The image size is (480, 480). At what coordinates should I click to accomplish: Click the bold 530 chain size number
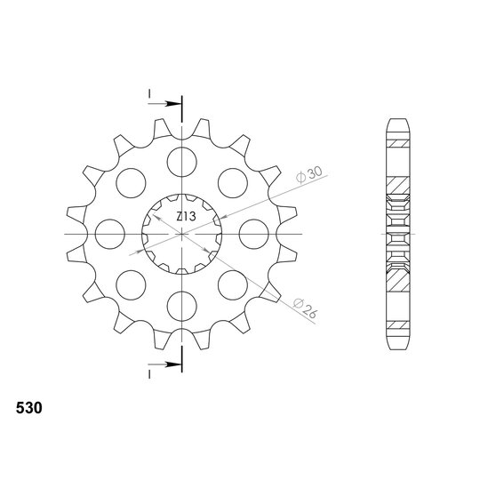29,408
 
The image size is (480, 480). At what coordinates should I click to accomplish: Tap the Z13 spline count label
186,216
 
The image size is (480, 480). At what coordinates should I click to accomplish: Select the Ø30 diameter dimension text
308,174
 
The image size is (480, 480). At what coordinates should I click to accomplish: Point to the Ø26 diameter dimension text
306,308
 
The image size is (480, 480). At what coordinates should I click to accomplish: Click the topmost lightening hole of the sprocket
182,162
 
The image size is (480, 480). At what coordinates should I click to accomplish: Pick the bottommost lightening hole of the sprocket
182,306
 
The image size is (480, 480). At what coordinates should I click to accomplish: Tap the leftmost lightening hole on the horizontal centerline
110,234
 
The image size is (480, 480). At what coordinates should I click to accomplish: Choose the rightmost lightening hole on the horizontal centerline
253,234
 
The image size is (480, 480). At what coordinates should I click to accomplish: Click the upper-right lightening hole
233,183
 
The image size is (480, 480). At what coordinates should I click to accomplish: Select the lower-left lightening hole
131,285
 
